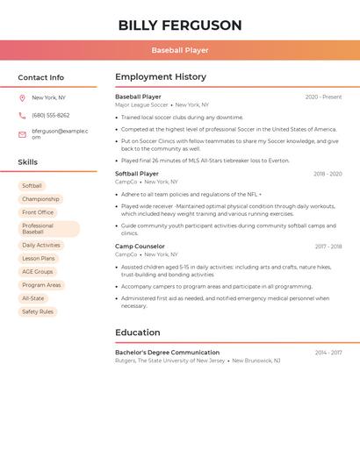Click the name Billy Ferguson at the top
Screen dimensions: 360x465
[x=180, y=25]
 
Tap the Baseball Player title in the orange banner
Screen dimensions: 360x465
[x=180, y=51]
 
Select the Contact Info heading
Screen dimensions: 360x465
[x=41, y=77]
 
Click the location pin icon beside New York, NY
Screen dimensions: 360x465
[x=22, y=98]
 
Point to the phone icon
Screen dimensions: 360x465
[x=22, y=116]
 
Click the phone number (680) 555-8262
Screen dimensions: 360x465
[x=51, y=116]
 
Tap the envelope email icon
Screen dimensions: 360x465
[x=22, y=134]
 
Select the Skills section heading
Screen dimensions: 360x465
[x=28, y=162]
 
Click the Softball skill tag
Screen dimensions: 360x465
[x=32, y=186]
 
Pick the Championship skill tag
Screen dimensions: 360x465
[x=40, y=199]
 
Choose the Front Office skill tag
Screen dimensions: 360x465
[x=38, y=212]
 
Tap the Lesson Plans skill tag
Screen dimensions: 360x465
[x=39, y=259]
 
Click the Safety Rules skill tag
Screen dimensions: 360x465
[x=38, y=311]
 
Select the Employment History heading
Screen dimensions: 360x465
[x=161, y=77]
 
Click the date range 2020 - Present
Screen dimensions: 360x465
[x=323, y=97]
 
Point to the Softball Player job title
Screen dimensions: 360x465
[x=137, y=174]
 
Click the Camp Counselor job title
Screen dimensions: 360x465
[x=140, y=247]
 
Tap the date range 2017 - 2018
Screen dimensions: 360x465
[x=328, y=247]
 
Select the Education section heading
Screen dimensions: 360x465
[x=138, y=333]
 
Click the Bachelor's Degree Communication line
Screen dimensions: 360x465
[x=168, y=353]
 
